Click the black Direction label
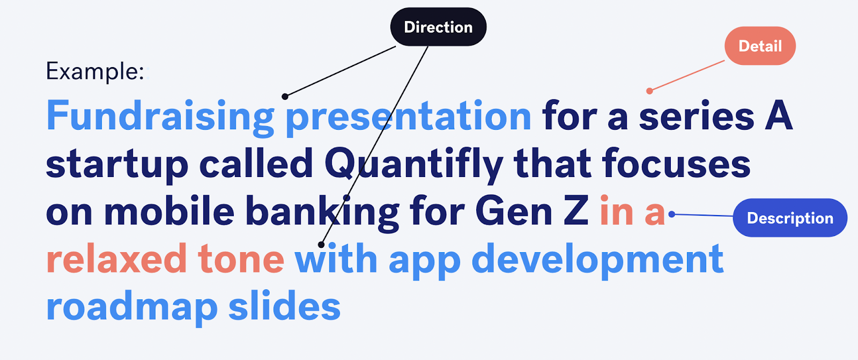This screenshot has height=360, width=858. tap(438, 27)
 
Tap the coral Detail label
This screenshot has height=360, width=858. tap(760, 46)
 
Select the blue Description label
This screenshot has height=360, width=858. tap(790, 218)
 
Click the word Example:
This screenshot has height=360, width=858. tap(95, 71)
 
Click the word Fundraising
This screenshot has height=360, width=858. tap(160, 116)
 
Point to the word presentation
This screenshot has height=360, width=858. tap(408, 116)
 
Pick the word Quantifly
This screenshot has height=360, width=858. tap(413, 164)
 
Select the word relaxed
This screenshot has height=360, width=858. tap(116, 259)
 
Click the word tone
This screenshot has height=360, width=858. tap(241, 259)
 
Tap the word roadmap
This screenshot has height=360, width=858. tap(131, 307)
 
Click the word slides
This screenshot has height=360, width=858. tap(284, 307)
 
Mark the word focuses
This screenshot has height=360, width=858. tap(676, 164)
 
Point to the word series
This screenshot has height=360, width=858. tap(697, 116)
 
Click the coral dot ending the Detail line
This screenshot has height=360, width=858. tap(649, 91)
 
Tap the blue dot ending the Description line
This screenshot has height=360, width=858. tap(671, 215)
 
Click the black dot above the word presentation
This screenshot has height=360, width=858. tap(285, 97)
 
